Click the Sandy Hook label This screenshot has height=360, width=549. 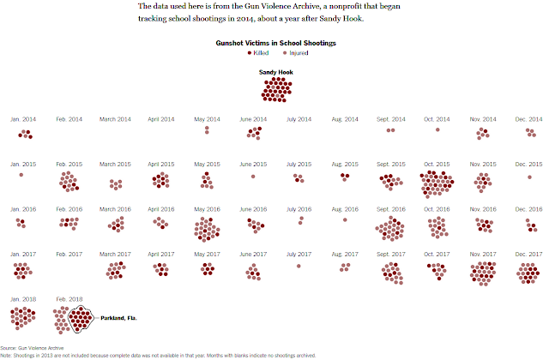pyautogui.click(x=274, y=72)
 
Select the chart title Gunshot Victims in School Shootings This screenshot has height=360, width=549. pyautogui.click(x=274, y=42)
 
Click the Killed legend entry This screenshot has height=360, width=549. pyautogui.click(x=255, y=52)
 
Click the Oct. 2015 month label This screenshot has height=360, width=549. pyautogui.click(x=436, y=164)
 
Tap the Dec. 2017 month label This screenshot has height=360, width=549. pyautogui.click(x=528, y=253)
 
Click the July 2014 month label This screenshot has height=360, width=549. pyautogui.click(x=298, y=119)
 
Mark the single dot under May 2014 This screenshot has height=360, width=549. pyautogui.click(x=207, y=130)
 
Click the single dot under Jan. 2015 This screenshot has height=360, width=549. pyautogui.click(x=21, y=175)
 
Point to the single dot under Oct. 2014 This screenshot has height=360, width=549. pyautogui.click(x=437, y=130)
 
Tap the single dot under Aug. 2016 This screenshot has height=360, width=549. pyautogui.click(x=345, y=219)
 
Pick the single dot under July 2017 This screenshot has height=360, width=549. pyautogui.click(x=299, y=266)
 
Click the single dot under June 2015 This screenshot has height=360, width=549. pyautogui.click(x=253, y=177)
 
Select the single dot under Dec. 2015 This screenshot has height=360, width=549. pyautogui.click(x=529, y=177)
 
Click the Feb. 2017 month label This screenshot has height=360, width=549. pyautogui.click(x=69, y=253)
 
